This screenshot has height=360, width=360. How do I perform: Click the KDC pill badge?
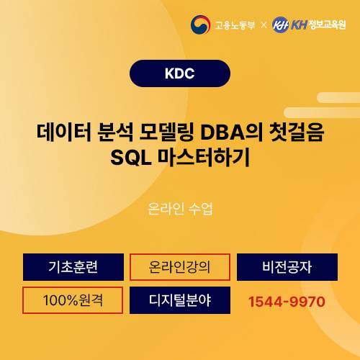179,73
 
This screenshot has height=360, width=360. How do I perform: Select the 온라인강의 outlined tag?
179,267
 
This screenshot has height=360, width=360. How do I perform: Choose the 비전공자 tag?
287,267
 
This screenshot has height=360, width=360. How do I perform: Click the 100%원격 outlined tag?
73,300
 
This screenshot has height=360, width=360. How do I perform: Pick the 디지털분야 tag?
179,300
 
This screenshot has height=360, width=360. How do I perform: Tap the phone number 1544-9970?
287,301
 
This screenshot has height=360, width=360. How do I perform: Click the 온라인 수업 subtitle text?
179,210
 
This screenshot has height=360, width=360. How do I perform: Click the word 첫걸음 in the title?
297,134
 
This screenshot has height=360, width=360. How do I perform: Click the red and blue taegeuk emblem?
200,25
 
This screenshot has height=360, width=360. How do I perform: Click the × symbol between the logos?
264,25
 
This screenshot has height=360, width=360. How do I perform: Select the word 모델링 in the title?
163,134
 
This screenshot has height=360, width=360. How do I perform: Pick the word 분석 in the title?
110,134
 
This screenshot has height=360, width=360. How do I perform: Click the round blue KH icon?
281,25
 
